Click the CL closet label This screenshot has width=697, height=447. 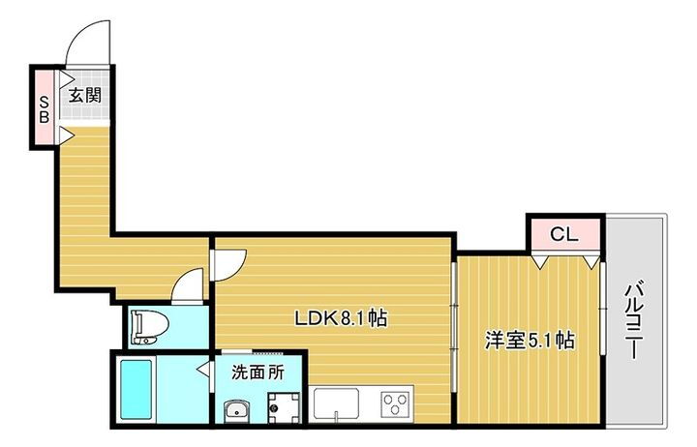[563, 233]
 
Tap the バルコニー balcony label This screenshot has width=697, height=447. [634, 320]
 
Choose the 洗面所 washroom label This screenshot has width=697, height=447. [258, 371]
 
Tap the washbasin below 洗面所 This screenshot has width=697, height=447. [235, 411]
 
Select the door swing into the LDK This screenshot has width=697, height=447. [230, 262]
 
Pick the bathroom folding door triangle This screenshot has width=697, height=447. [204, 369]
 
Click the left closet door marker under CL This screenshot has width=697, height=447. [541, 259]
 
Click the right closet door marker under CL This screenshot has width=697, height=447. [591, 259]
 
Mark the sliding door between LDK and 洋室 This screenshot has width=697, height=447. [454, 319]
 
